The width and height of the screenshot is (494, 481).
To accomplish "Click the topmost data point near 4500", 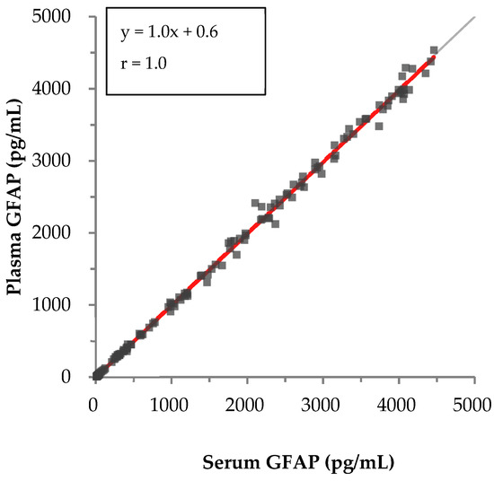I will pyautogui.click(x=434, y=50).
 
